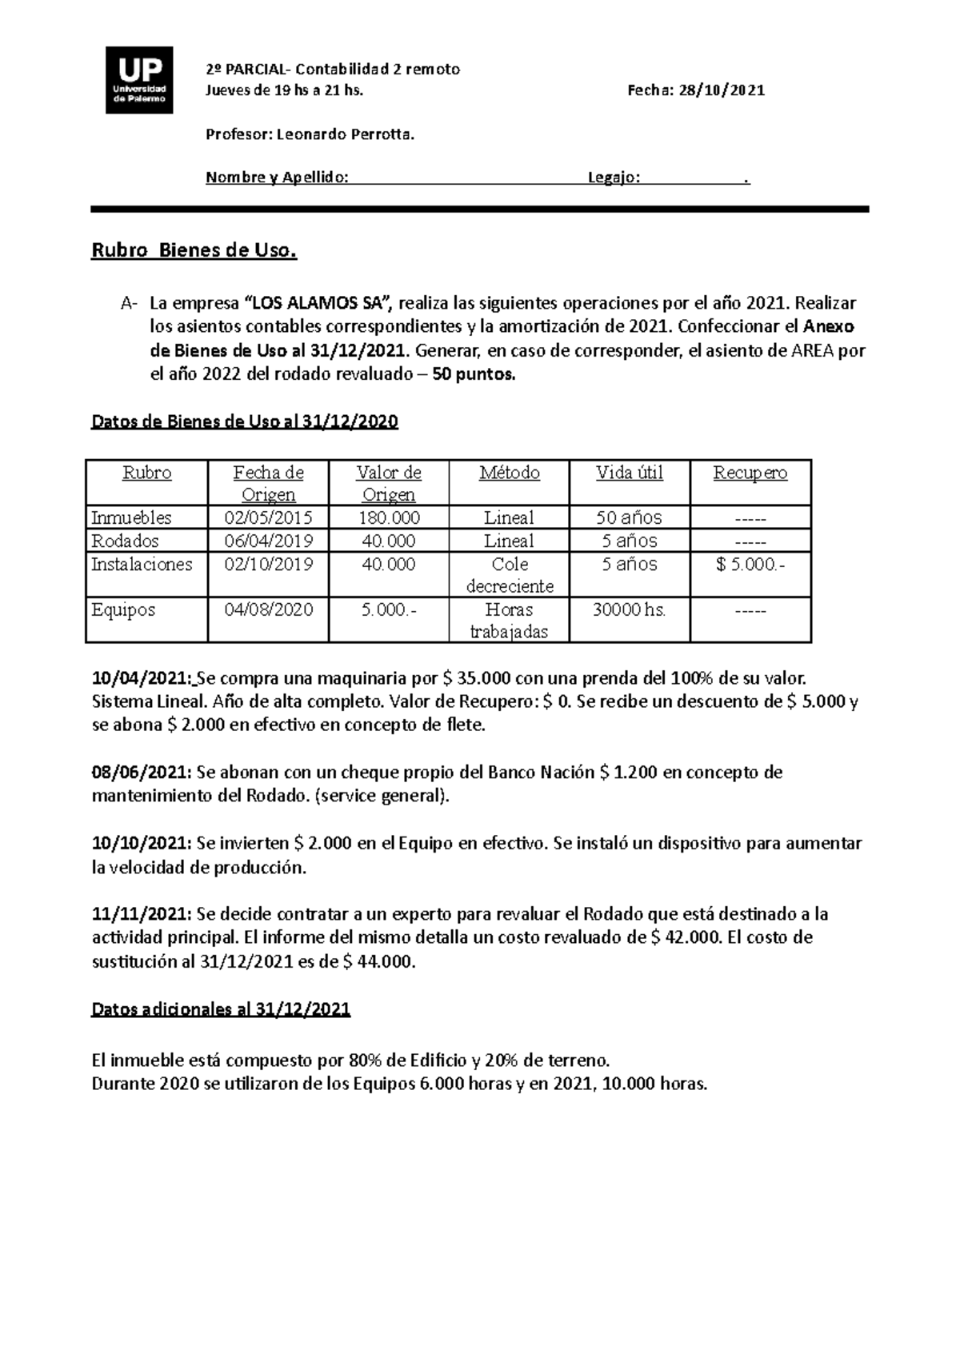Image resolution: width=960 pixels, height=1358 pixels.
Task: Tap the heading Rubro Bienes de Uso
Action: (194, 251)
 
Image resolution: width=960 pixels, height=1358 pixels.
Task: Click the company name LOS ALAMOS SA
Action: (318, 304)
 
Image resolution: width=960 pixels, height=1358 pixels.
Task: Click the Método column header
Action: (509, 473)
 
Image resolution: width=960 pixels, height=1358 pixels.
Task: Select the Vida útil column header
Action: (629, 473)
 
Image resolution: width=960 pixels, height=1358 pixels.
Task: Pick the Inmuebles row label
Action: (131, 517)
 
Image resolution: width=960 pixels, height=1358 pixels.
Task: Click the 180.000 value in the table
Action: (389, 517)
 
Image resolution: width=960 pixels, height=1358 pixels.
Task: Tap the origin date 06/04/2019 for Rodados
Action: (268, 541)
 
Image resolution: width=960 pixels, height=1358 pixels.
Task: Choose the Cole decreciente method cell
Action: (509, 574)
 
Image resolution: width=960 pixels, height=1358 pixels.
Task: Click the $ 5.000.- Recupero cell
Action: (750, 564)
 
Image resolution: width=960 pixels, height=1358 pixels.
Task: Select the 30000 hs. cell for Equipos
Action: (629, 609)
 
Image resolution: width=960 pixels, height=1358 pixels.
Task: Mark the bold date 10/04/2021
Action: (142, 679)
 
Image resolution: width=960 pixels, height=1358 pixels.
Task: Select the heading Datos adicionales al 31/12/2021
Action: (222, 1009)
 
